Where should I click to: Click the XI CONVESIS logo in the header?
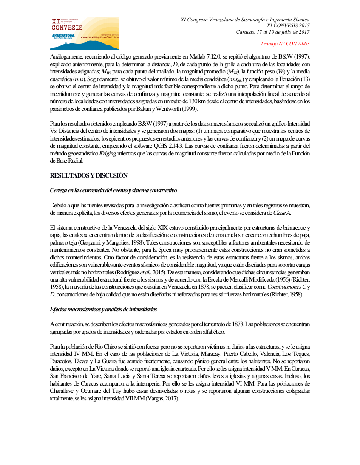tap(85, 33)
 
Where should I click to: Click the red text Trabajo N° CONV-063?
tap(284, 44)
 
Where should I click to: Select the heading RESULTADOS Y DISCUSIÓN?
tap(89, 175)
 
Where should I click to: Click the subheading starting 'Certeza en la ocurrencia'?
tap(113, 190)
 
